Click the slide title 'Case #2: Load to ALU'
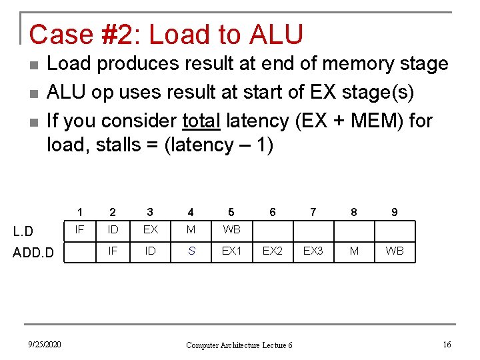(x=166, y=35)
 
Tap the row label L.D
(x=23, y=231)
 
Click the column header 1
(x=79, y=212)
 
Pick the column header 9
(x=395, y=212)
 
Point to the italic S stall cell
(x=191, y=251)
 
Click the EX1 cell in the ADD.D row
(x=231, y=251)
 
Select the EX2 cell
(x=272, y=251)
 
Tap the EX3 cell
(x=313, y=251)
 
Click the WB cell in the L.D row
(x=231, y=230)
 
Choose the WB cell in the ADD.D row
(x=395, y=251)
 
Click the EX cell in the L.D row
(x=150, y=230)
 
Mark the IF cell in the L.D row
(x=79, y=230)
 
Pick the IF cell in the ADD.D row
(x=113, y=251)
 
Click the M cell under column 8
(x=354, y=251)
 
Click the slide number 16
(x=447, y=344)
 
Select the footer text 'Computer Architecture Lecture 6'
(x=239, y=345)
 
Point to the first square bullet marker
(x=34, y=65)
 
